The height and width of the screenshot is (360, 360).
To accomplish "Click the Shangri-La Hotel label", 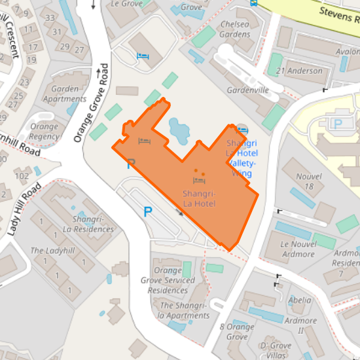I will (x=199, y=199).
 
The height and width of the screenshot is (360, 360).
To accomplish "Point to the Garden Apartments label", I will (x=64, y=94).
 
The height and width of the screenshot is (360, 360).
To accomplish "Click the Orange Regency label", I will (x=44, y=132).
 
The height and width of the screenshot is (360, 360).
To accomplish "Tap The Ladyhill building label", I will (x=52, y=251).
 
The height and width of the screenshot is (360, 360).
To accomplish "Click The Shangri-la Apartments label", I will (x=185, y=310).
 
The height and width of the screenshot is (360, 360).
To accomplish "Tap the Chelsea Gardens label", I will (x=234, y=29).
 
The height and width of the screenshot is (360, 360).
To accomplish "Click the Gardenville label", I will (x=248, y=90).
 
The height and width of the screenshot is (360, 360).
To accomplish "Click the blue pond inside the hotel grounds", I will (x=178, y=129).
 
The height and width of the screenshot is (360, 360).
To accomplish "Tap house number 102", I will (x=22, y=175).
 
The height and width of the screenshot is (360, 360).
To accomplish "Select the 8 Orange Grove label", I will (x=237, y=332).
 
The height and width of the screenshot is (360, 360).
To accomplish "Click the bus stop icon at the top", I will (x=253, y=3).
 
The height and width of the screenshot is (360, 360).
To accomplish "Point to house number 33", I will (x=58, y=31).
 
